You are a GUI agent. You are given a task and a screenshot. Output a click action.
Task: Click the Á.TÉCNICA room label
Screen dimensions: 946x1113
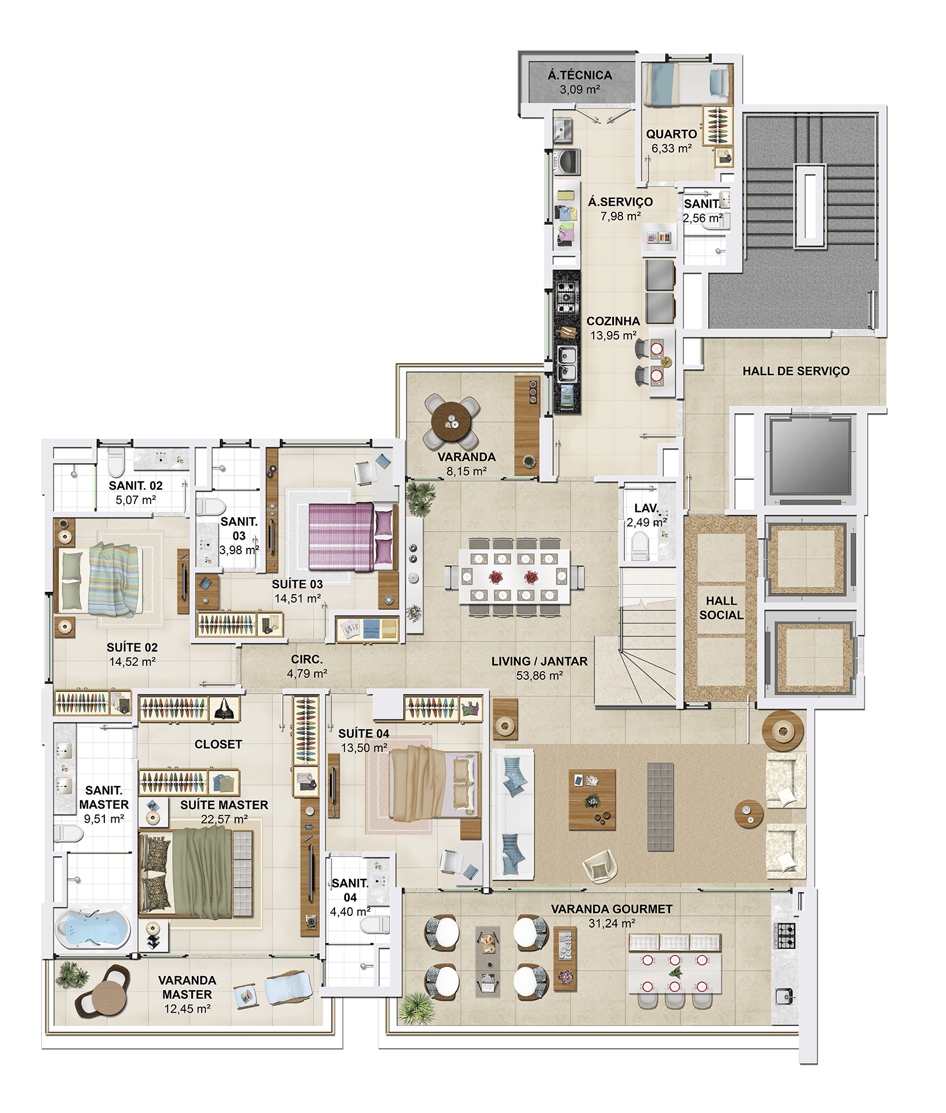580,75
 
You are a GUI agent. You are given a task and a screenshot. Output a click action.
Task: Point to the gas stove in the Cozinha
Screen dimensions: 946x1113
566,297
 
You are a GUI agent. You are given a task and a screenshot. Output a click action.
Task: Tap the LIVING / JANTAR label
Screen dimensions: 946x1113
539,661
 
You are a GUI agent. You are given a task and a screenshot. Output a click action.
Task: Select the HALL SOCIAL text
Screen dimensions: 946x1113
721,608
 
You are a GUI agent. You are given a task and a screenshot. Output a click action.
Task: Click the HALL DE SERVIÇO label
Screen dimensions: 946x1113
796,371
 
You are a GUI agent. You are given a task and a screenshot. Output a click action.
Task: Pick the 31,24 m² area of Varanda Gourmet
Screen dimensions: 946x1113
612,923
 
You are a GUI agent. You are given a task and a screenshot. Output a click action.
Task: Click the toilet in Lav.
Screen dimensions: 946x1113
640,546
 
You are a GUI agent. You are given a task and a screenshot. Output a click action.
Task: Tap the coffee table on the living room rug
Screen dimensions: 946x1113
592,800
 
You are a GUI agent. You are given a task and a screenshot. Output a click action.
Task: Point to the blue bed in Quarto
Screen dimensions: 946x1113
687,85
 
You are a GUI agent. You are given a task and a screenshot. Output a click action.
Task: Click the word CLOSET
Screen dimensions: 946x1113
218,744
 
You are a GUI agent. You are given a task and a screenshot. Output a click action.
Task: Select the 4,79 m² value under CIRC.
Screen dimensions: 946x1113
307,674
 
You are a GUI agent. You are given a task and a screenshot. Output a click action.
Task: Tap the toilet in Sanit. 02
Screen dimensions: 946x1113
116,461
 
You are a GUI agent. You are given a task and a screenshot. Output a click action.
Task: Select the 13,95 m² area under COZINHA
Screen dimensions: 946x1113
613,336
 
